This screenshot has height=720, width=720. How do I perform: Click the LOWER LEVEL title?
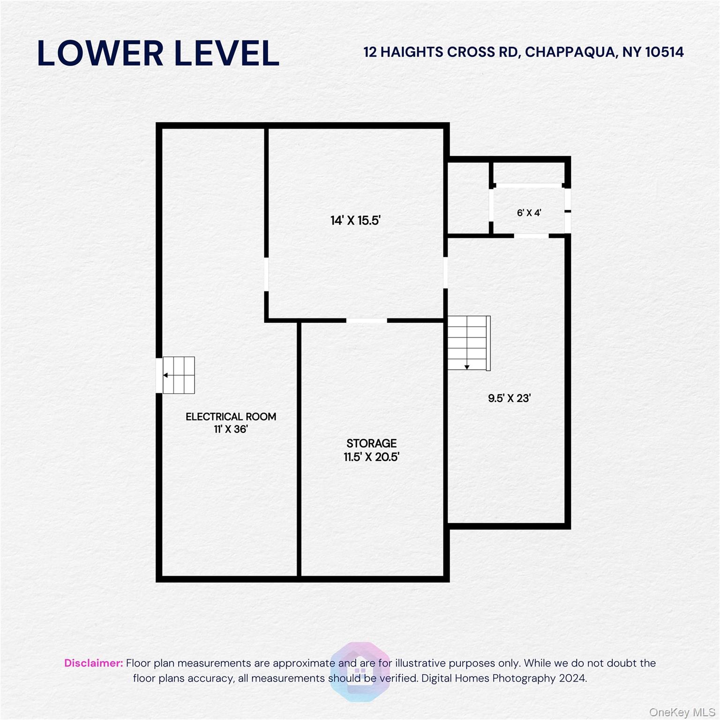pyautogui.click(x=158, y=53)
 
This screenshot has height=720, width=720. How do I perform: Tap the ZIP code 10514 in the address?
pyautogui.click(x=664, y=52)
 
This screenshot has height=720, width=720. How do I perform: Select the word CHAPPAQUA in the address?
pyautogui.click(x=569, y=52)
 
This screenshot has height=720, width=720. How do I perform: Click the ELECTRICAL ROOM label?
pyautogui.click(x=231, y=416)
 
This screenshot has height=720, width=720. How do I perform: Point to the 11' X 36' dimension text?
pyautogui.click(x=231, y=429)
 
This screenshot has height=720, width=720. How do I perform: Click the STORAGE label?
pyautogui.click(x=371, y=443)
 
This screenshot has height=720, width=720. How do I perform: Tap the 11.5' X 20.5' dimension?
pyautogui.click(x=371, y=457)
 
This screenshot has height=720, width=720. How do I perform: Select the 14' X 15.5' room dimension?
pyautogui.click(x=355, y=220)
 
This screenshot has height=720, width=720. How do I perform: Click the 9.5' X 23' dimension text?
pyautogui.click(x=509, y=398)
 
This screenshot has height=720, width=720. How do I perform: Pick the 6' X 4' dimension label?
pyautogui.click(x=529, y=213)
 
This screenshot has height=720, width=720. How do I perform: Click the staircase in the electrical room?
pyautogui.click(x=179, y=375)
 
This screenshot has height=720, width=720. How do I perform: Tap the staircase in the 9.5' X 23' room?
pyautogui.click(x=469, y=343)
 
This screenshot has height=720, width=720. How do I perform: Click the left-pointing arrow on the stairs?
pyautogui.click(x=166, y=375)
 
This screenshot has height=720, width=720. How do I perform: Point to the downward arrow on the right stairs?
pyautogui.click(x=467, y=367)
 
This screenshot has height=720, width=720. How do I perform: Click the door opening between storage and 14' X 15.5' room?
pyautogui.click(x=367, y=321)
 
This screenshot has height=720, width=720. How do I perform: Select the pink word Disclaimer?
pyautogui.click(x=93, y=663)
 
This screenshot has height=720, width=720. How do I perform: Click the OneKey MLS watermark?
pyautogui.click(x=682, y=712)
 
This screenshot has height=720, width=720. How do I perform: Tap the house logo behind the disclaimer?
pyautogui.click(x=360, y=671)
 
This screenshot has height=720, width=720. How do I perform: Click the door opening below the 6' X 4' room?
pyautogui.click(x=531, y=236)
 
